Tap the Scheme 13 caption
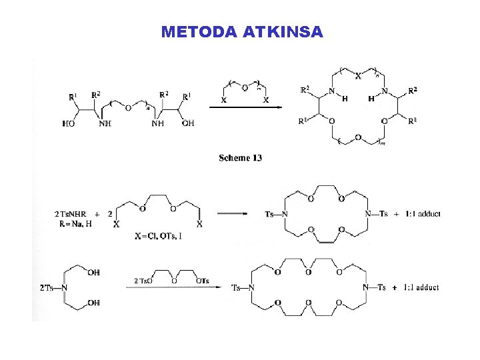[x=240, y=158]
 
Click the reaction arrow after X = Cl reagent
[x=233, y=214]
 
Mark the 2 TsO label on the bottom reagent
[x=144, y=281]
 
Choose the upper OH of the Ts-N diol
[x=93, y=273]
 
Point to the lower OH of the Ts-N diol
[x=93, y=303]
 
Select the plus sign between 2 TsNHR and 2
[x=97, y=214]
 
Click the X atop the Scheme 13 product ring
[x=358, y=76]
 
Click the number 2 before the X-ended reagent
[x=109, y=214]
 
